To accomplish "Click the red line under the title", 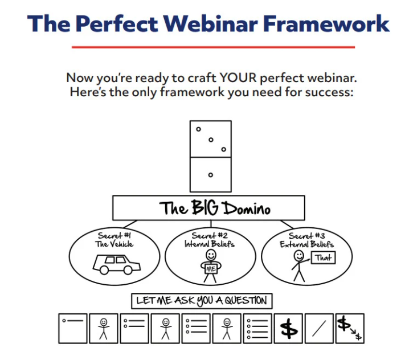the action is [214, 47].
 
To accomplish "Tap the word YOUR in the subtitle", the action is [238, 77].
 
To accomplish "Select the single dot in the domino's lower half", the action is [210, 175].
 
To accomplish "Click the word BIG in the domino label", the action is [205, 207].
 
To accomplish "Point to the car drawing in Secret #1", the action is [116, 264].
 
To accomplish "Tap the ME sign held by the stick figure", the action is [211, 268].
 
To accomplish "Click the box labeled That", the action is [323, 257].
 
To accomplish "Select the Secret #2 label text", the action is [210, 235].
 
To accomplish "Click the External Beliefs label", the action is [306, 244].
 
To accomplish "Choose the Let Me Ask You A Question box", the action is [202, 301].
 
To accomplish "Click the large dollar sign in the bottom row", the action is [288, 329].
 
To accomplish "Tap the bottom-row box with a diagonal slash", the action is [319, 329].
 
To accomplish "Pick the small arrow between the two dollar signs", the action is [353, 332].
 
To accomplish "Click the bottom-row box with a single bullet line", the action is [73, 329].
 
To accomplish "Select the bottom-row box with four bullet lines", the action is [257, 329].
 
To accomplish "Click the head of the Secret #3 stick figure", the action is [298, 255].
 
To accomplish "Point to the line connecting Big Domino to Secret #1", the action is [130, 224].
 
